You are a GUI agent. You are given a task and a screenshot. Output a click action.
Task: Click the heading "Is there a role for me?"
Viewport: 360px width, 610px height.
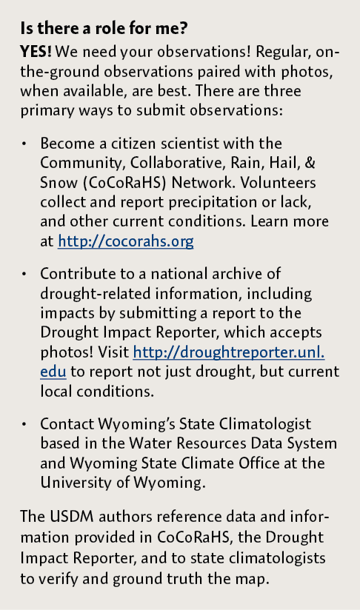104,30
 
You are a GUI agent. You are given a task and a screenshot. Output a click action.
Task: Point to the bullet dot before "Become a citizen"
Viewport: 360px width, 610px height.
24,144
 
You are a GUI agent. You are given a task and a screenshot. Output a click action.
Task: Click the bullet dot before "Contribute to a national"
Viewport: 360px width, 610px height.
24,275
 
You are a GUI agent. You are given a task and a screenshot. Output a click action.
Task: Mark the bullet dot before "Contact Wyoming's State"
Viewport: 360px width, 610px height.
24,424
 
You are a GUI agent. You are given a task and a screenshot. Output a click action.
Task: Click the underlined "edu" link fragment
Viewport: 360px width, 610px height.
53,371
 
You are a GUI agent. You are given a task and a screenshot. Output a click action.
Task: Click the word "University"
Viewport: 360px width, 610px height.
71,482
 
